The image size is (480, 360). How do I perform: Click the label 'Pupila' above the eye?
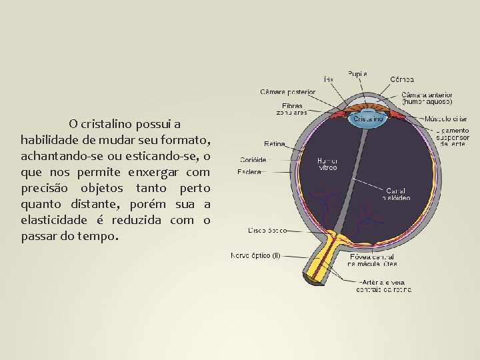coord(357,73)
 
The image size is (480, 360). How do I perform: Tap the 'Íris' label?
coord(329,79)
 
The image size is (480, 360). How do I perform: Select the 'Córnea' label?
coord(402,79)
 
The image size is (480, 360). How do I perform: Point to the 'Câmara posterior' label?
coord(287,91)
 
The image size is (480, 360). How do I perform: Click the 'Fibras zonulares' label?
coord(292,109)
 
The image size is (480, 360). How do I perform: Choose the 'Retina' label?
coord(274,143)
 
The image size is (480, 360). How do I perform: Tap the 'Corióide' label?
coord(253,160)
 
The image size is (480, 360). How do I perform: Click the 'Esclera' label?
coord(249,172)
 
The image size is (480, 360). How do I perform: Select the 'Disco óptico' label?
coord(267,231)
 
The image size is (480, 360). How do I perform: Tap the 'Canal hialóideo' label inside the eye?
coord(395,194)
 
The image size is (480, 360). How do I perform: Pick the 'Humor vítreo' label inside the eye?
coord(327,164)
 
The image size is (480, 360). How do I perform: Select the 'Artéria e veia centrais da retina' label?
coord(384,286)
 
